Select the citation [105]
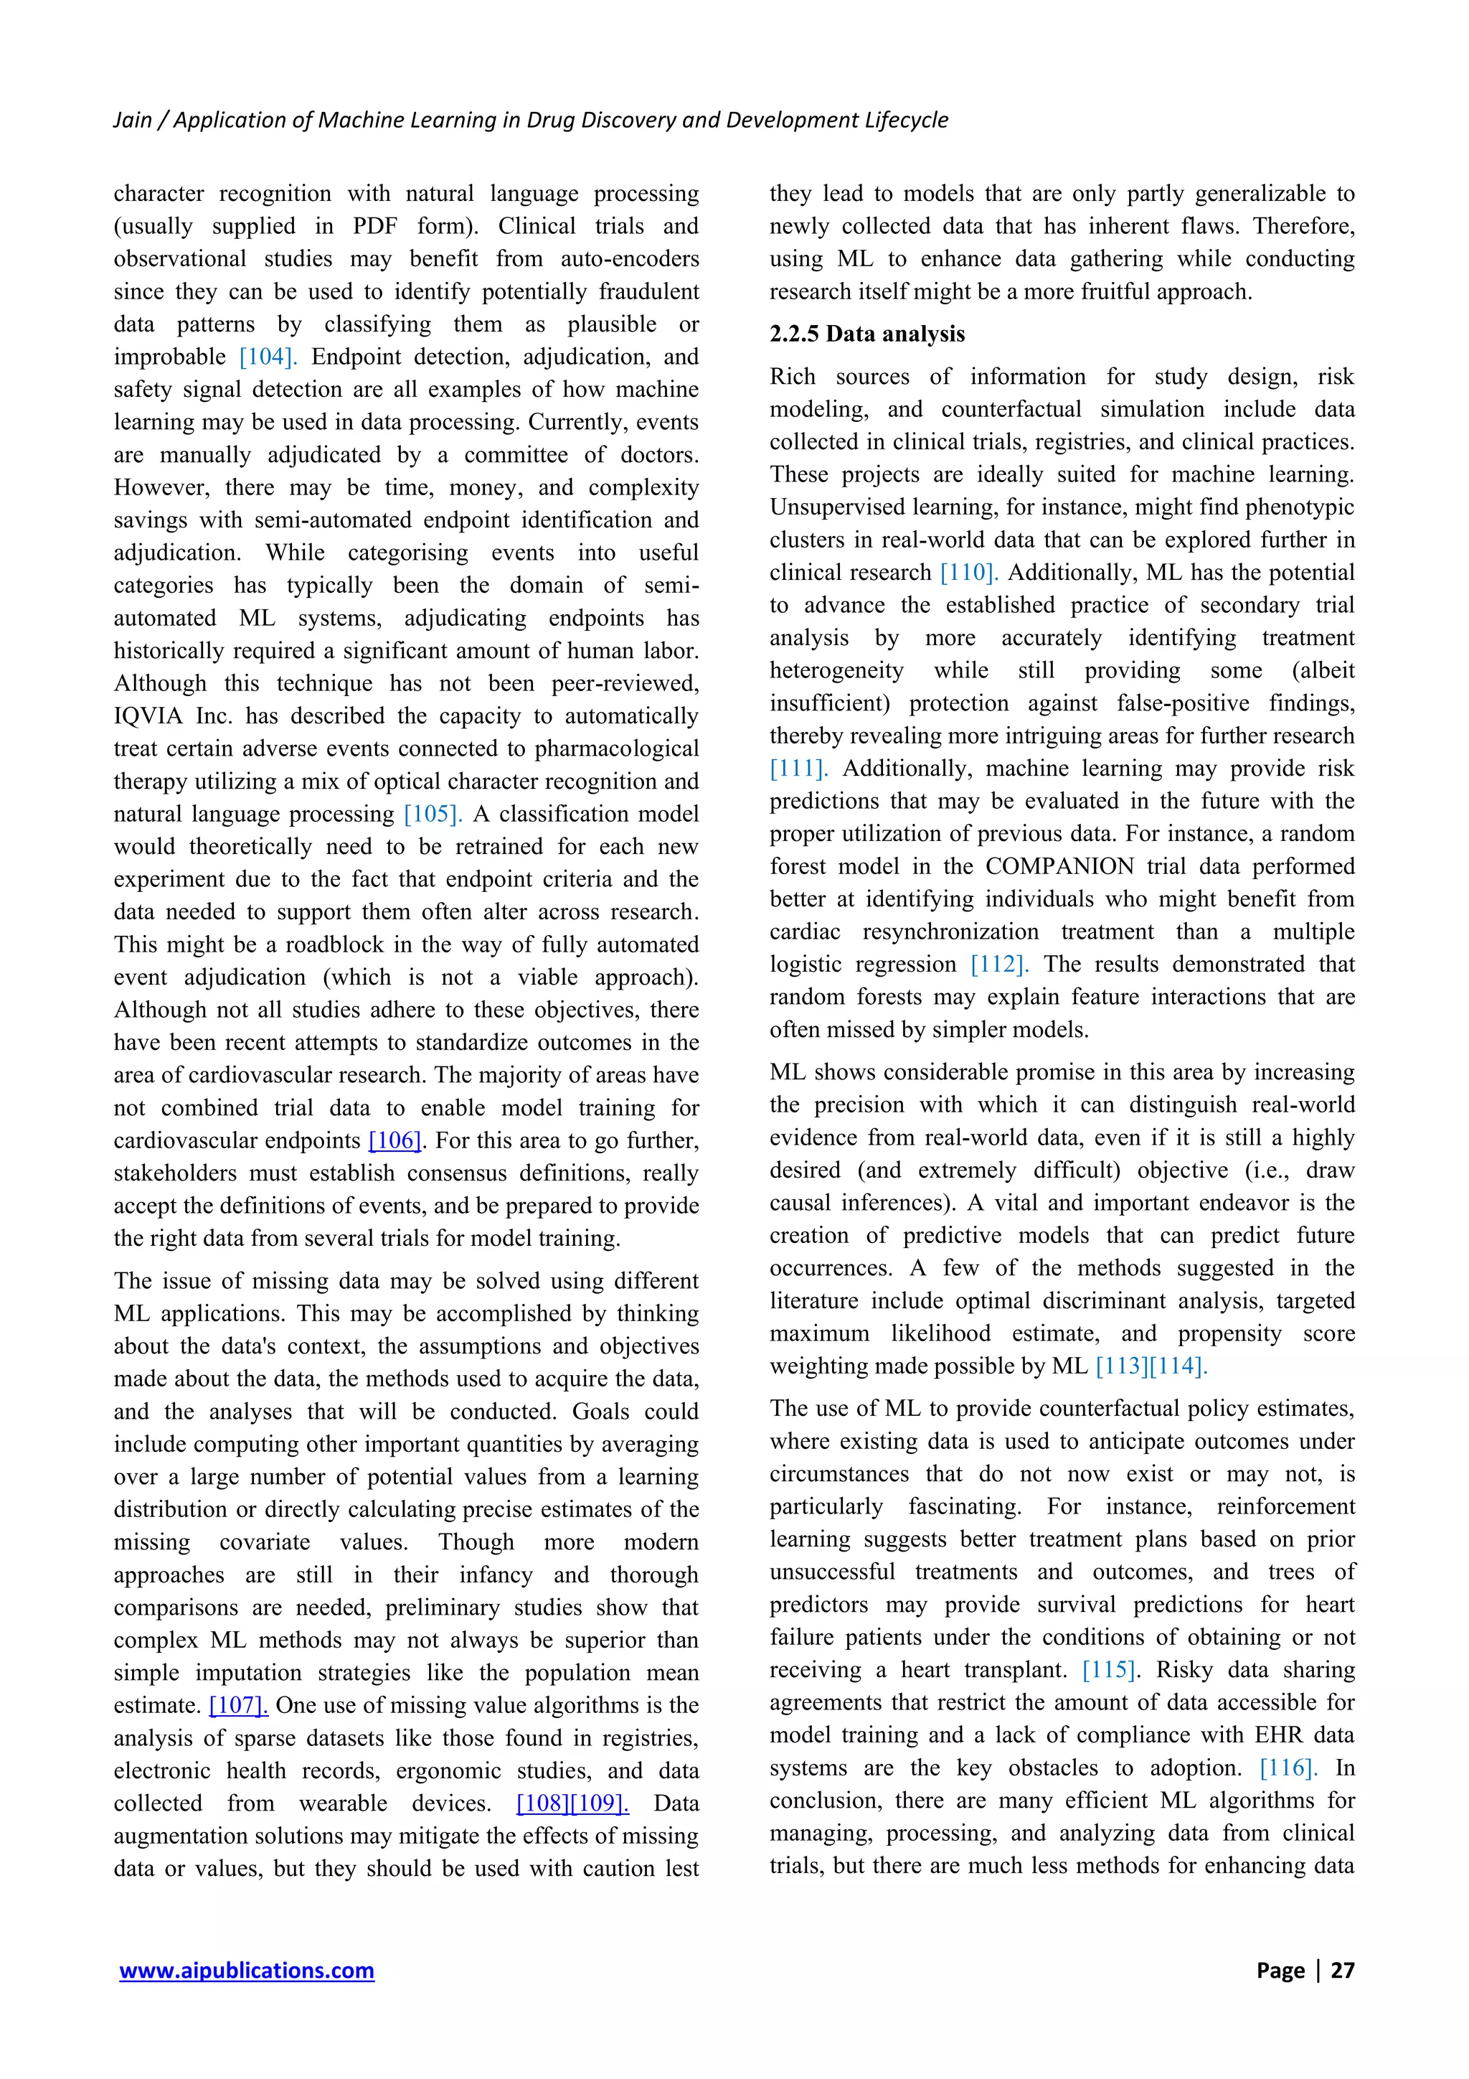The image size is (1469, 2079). click(x=433, y=814)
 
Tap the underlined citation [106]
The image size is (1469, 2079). click(x=395, y=1141)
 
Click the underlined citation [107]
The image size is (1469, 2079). click(x=238, y=1706)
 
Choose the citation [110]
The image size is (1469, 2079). click(x=968, y=573)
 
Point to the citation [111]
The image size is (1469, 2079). click(x=798, y=769)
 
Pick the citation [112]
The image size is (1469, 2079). click(x=999, y=965)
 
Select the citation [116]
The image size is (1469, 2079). click(x=1288, y=1768)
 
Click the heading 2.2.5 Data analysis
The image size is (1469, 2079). click(x=866, y=334)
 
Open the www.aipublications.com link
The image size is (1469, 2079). click(x=246, y=1971)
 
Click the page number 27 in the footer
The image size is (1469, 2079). click(x=1341, y=1971)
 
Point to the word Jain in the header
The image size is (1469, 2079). click(x=132, y=121)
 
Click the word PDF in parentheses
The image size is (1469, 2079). click(x=374, y=226)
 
